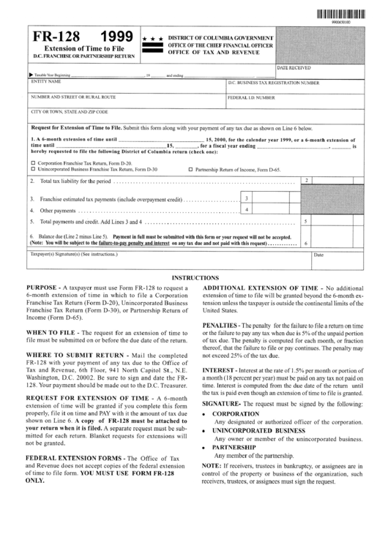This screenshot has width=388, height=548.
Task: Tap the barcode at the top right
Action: (x=341, y=14)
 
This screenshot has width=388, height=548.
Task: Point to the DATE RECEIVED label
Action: (x=292, y=67)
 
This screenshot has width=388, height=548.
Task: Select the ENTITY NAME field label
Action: (x=43, y=82)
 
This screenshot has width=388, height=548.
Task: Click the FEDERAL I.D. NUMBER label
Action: (x=252, y=97)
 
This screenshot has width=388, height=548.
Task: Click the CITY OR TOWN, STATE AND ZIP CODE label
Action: (x=69, y=111)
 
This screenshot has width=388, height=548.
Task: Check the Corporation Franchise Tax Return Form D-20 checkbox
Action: (x=33, y=162)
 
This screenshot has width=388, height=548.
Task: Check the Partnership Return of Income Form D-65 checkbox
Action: (x=190, y=168)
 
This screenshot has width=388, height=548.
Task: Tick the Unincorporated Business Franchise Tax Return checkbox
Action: (x=33, y=168)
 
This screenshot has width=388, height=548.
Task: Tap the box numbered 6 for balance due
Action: (x=305, y=244)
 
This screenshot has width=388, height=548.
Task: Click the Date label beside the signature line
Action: (x=318, y=255)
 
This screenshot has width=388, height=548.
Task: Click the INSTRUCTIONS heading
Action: (x=193, y=277)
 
